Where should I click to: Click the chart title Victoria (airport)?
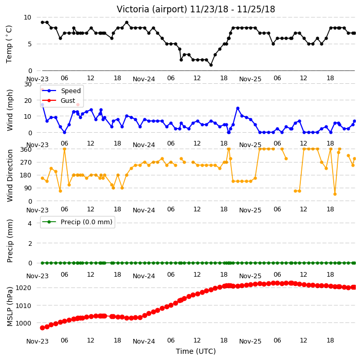[x=152, y=9]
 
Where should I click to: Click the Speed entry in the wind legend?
[x=70, y=91]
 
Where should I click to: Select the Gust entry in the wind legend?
[x=68, y=101]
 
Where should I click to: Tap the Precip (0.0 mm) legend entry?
[x=86, y=222]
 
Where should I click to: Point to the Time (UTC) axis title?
[x=196, y=351]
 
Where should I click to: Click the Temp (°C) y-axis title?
[x=9, y=44]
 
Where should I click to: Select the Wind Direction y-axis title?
[x=9, y=175]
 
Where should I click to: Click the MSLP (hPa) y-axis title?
[x=9, y=307]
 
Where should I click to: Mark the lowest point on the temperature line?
[x=211, y=65]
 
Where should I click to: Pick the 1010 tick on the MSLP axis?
[x=23, y=305]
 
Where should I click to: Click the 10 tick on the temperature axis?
[x=27, y=17]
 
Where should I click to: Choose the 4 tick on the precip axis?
[x=30, y=223]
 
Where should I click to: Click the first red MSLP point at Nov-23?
[x=42, y=328]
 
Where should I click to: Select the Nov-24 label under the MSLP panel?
[x=143, y=341]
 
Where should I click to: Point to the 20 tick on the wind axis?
[x=27, y=100]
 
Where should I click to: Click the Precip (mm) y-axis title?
[x=9, y=241]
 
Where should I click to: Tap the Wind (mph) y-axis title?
[x=9, y=111]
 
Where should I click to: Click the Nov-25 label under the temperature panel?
[x=250, y=79]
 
